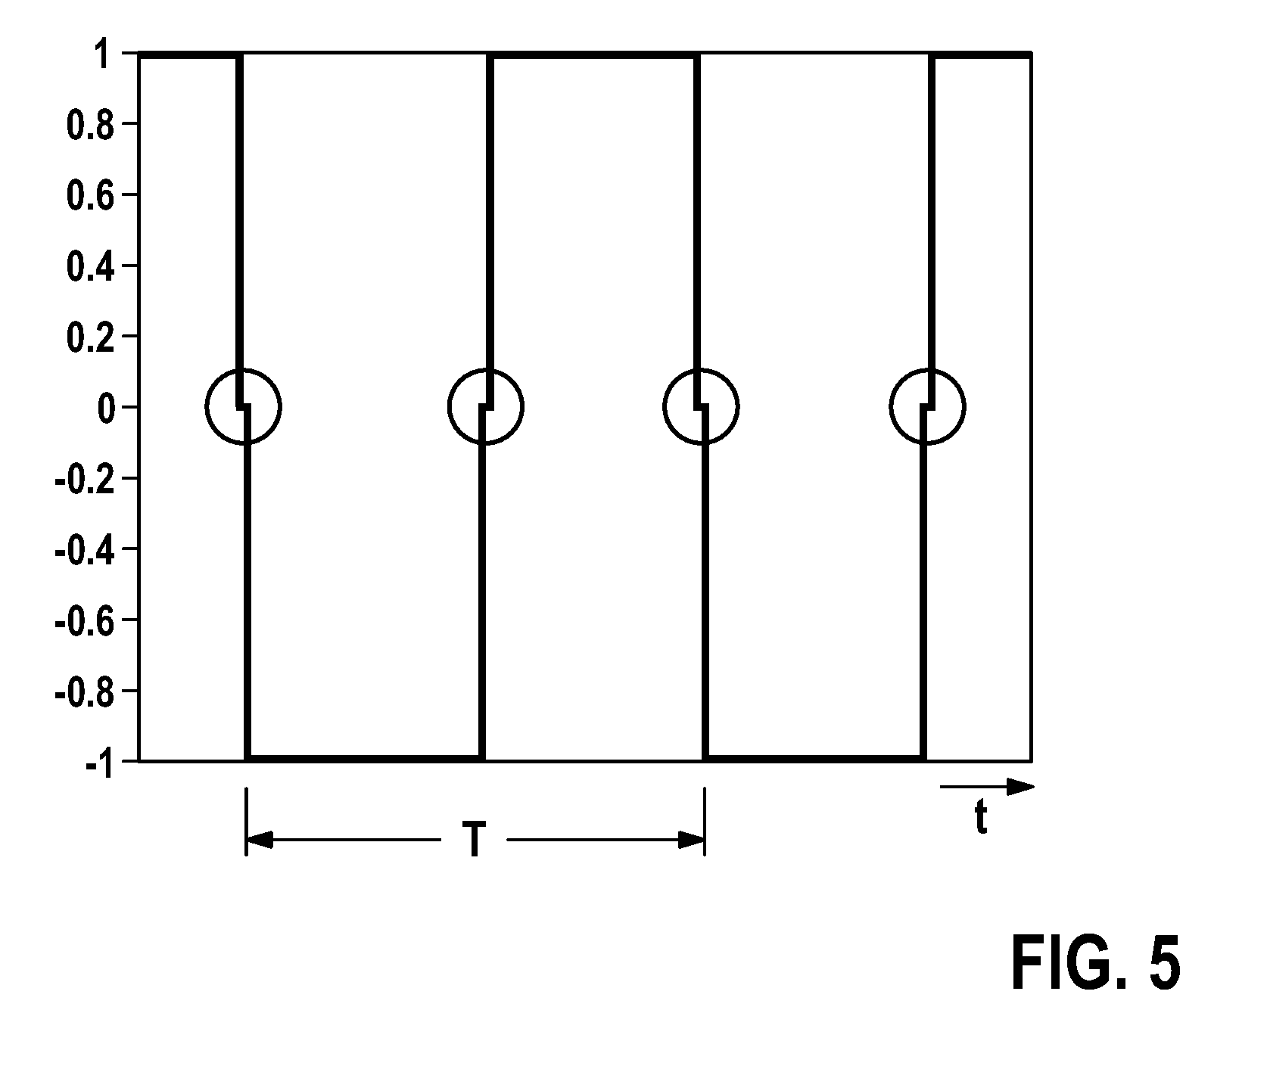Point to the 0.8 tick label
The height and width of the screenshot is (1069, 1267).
(x=90, y=126)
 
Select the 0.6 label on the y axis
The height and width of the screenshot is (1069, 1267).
(x=90, y=197)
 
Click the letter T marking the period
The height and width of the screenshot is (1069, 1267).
(x=475, y=840)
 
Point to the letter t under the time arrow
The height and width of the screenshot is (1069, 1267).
(x=981, y=819)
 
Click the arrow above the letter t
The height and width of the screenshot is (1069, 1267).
(x=987, y=788)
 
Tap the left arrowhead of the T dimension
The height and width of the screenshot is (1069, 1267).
(x=259, y=840)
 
